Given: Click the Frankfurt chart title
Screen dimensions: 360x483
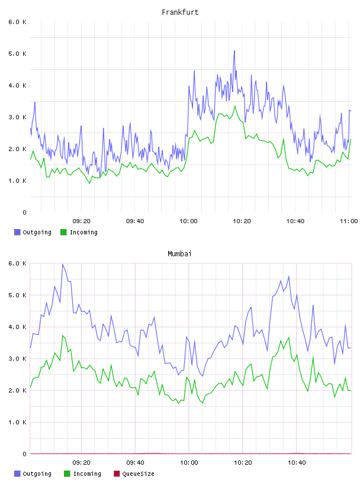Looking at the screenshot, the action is (x=180, y=12).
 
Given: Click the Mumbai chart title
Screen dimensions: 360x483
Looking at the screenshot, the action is (x=179, y=254).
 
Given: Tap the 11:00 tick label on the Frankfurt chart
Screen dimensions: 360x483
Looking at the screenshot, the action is (x=349, y=221).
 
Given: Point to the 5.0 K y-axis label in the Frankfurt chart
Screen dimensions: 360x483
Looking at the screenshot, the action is (x=17, y=54).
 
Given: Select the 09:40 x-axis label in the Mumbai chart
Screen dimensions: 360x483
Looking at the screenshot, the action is (x=135, y=462).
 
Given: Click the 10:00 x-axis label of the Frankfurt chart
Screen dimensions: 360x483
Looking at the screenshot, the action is (x=188, y=221).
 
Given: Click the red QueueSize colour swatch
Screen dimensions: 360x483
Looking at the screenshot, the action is (x=117, y=474).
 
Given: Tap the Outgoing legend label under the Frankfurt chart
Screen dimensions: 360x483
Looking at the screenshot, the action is (x=37, y=232).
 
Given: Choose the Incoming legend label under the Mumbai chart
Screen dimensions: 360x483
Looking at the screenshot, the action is (x=87, y=474).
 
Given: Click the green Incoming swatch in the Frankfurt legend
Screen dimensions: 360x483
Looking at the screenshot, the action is (x=63, y=232).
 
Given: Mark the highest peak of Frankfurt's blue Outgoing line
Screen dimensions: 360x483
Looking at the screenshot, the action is (x=234, y=51).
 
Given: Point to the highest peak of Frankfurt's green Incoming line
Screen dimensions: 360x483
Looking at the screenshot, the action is (x=235, y=106).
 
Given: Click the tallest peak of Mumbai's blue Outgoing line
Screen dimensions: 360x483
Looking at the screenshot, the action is (x=63, y=264).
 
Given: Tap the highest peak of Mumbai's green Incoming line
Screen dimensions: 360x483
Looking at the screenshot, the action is (x=63, y=336).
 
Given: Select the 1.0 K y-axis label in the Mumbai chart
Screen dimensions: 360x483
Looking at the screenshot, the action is (x=17, y=422).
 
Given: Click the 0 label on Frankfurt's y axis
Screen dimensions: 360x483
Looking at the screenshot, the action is (x=24, y=212).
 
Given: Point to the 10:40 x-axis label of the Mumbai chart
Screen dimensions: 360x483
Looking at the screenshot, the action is (x=297, y=462).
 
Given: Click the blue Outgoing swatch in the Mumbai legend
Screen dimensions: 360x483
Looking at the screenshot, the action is (x=17, y=474).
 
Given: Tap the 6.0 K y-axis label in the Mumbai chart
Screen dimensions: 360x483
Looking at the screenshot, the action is (x=17, y=263).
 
